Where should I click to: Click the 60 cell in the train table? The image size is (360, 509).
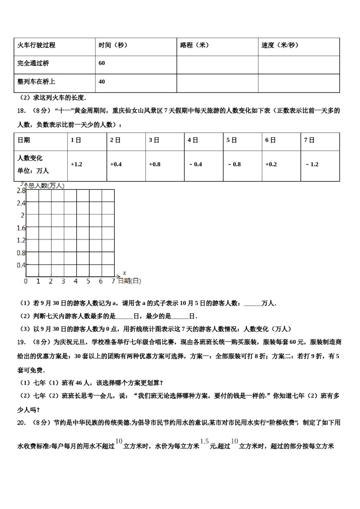click(x=102, y=63)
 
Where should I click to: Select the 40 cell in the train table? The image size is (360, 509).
click(x=102, y=81)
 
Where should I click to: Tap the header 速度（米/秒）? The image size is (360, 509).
click(x=280, y=45)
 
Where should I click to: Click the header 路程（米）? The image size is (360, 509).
click(x=194, y=45)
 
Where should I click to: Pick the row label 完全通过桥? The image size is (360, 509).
click(x=33, y=63)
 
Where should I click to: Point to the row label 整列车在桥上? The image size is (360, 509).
click(x=36, y=81)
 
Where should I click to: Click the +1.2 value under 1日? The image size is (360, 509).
click(x=77, y=164)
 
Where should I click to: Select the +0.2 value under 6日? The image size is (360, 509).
click(x=271, y=164)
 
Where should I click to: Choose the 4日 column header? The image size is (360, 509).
click(x=193, y=140)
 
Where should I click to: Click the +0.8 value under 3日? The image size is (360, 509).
click(x=155, y=164)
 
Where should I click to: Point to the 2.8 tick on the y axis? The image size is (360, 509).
click(x=21, y=190)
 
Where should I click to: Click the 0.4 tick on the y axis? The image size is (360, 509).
click(x=21, y=265)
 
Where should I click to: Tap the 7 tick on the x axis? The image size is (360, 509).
click(x=113, y=281)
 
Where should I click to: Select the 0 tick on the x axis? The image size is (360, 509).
click(x=26, y=281)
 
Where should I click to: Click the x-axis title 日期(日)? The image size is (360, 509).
click(x=129, y=281)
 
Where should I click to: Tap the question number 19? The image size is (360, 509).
click(x=21, y=342)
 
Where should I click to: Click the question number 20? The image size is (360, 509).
click(x=21, y=423)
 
